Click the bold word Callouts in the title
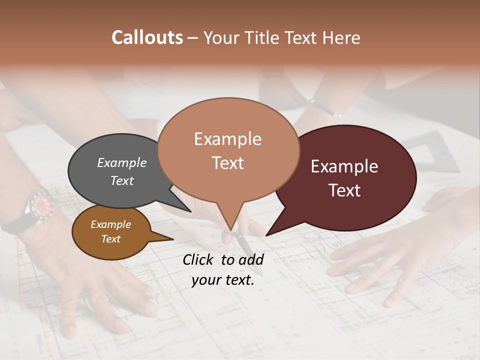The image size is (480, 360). [x=147, y=37]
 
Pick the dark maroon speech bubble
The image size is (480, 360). [x=370, y=210]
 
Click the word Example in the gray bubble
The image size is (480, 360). [x=122, y=162]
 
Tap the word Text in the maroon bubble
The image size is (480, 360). [x=344, y=190]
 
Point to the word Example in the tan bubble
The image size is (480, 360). [x=228, y=139]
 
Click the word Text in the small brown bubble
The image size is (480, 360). [x=111, y=239]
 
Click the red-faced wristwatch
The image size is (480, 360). [x=41, y=203]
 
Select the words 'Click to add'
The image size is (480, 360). [x=223, y=259]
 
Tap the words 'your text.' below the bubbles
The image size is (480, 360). [x=223, y=280]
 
